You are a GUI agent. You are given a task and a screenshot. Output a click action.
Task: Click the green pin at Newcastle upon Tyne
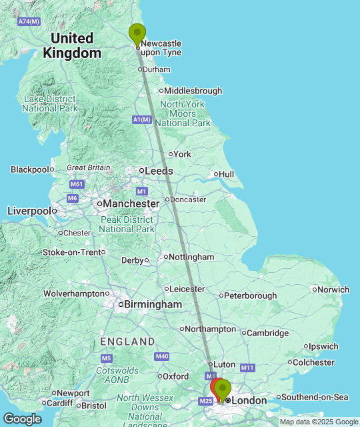pos(137,34)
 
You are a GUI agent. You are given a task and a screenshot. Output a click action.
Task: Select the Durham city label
pos(157,69)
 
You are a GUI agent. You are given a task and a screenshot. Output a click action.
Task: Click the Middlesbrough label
pos(192,91)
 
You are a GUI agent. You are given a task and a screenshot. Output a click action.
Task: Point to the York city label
pos(182,154)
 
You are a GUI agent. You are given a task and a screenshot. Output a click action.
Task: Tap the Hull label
pos(226,174)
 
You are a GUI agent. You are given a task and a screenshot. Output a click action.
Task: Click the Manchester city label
pos(131,203)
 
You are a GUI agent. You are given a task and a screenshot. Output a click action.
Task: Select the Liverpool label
pos(28,211)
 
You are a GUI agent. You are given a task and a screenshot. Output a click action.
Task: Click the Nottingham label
pos(191,257)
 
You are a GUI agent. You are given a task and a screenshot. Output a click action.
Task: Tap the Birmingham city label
pos(153,304)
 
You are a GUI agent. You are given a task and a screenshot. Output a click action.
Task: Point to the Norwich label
pos(333,290)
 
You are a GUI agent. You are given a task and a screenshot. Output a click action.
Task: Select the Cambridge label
pos(268,333)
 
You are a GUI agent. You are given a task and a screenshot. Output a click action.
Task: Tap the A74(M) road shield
pos(29,21)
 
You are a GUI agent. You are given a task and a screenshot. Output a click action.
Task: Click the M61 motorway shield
pos(77,184)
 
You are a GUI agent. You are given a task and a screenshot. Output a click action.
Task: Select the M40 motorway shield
pos(162,357)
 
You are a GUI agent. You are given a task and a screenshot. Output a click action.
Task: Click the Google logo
pos(21,418)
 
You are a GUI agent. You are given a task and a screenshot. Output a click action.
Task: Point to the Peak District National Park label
pos(126,224)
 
